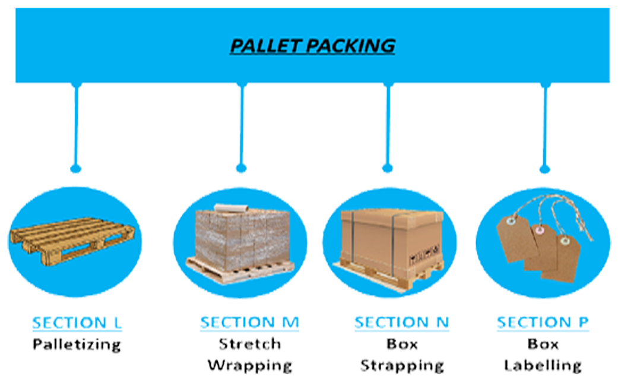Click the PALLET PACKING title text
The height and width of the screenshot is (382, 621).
pyautogui.click(x=312, y=46)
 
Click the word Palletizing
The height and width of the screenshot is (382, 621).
pyautogui.click(x=77, y=344)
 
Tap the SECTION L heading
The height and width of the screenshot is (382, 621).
pyautogui.click(x=77, y=323)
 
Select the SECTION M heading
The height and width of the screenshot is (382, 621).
pyautogui.click(x=249, y=323)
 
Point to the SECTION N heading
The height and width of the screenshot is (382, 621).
pyautogui.click(x=401, y=323)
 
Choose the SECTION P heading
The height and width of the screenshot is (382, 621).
pyautogui.click(x=542, y=323)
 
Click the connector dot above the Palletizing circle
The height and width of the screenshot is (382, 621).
pyautogui.click(x=75, y=169)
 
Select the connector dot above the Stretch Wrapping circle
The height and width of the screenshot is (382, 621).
pyautogui.click(x=241, y=169)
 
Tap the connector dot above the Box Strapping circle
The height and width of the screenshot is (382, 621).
pyautogui.click(x=387, y=169)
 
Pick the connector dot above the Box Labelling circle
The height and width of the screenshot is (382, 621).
pyautogui.click(x=544, y=169)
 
